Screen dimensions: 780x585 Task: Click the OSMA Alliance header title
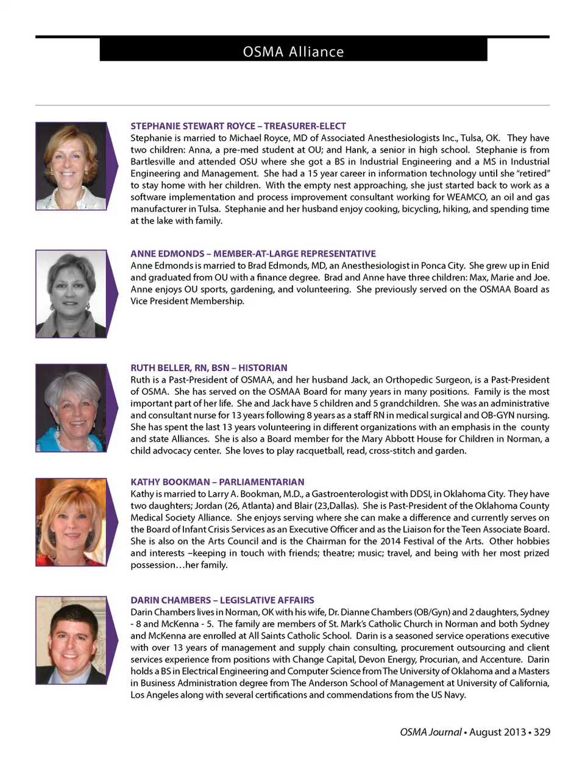(293, 52)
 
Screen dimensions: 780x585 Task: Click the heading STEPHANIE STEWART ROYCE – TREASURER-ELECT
(238, 126)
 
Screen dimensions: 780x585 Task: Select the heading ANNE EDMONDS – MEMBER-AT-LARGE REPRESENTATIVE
(253, 253)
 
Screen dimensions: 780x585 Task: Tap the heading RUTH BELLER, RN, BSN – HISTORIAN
(208, 367)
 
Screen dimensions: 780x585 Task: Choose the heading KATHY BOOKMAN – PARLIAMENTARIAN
(217, 481)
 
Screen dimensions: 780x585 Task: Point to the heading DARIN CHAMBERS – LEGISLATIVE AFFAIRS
(222, 600)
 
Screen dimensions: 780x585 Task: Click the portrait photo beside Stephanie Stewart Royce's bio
(71, 166)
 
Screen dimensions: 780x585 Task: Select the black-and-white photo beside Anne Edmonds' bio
(71, 294)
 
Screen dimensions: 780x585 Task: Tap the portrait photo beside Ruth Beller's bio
(71, 408)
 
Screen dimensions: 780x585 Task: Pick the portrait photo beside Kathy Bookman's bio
(71, 522)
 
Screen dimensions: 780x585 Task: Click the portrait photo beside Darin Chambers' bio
(71, 640)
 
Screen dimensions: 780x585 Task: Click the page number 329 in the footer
(542, 732)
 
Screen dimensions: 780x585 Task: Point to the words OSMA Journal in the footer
(430, 732)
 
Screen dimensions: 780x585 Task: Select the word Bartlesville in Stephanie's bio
(152, 161)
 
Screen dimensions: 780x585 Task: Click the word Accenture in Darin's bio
(499, 659)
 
